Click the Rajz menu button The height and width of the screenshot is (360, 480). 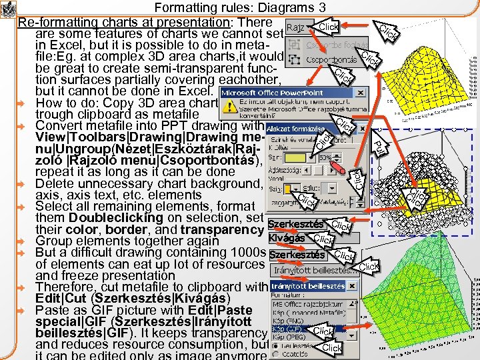pyautogui.click(x=296, y=27)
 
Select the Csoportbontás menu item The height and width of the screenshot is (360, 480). pyautogui.click(x=332, y=59)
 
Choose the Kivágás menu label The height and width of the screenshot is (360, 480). pyautogui.click(x=287, y=238)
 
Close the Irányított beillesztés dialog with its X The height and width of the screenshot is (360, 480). pyautogui.click(x=353, y=286)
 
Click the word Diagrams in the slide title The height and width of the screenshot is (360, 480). pyautogui.click(x=285, y=8)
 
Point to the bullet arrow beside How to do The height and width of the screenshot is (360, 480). pyautogui.click(x=21, y=104)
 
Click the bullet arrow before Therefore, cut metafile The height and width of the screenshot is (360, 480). pyautogui.click(x=21, y=288)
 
